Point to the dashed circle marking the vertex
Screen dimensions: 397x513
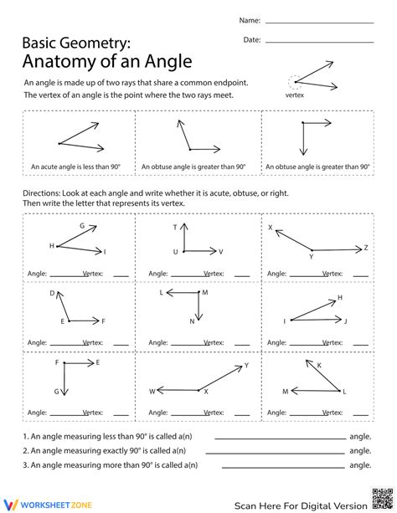pos(294,82)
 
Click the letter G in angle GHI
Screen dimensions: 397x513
pos(82,226)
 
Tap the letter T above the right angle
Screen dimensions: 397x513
pos(176,228)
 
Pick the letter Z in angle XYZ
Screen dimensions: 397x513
pos(366,248)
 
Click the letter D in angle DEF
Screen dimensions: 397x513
pos(52,294)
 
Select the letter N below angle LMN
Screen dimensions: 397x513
pos(192,321)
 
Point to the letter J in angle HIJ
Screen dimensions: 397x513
pos(346,321)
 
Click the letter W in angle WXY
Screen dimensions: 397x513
pos(152,391)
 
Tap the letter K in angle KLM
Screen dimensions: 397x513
pos(319,364)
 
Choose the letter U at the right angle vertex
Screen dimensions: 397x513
pos(175,251)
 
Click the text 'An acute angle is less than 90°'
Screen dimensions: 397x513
pos(75,167)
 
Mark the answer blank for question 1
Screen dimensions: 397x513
pos(280,437)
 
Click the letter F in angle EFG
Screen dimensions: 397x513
pos(58,362)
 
